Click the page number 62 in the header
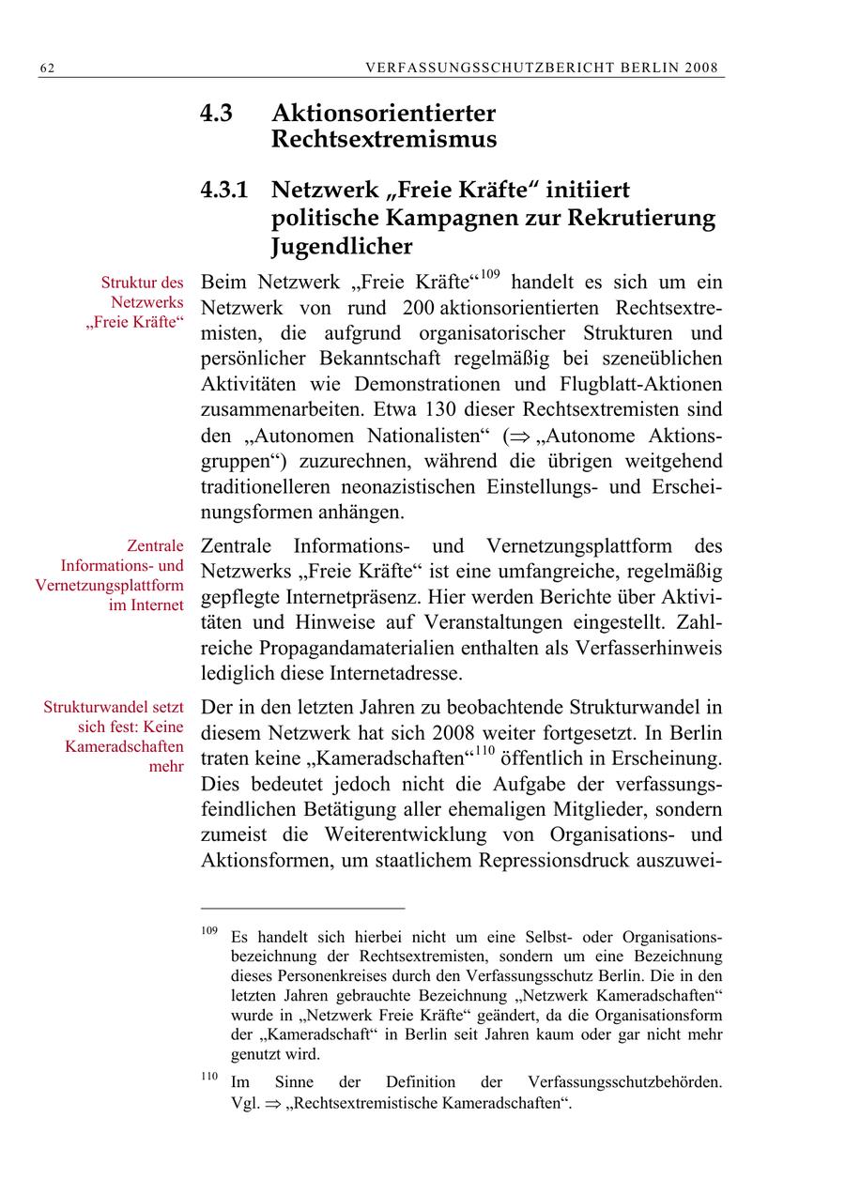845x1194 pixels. [46, 69]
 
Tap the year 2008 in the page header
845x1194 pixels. [701, 69]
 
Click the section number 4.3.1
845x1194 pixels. [224, 190]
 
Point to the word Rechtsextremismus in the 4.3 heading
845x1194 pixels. [384, 141]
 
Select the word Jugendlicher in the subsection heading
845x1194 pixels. [342, 247]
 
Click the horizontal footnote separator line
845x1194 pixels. [302, 909]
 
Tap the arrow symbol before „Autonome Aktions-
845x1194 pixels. [516, 436]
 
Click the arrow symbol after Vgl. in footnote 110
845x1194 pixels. [272, 1105]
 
